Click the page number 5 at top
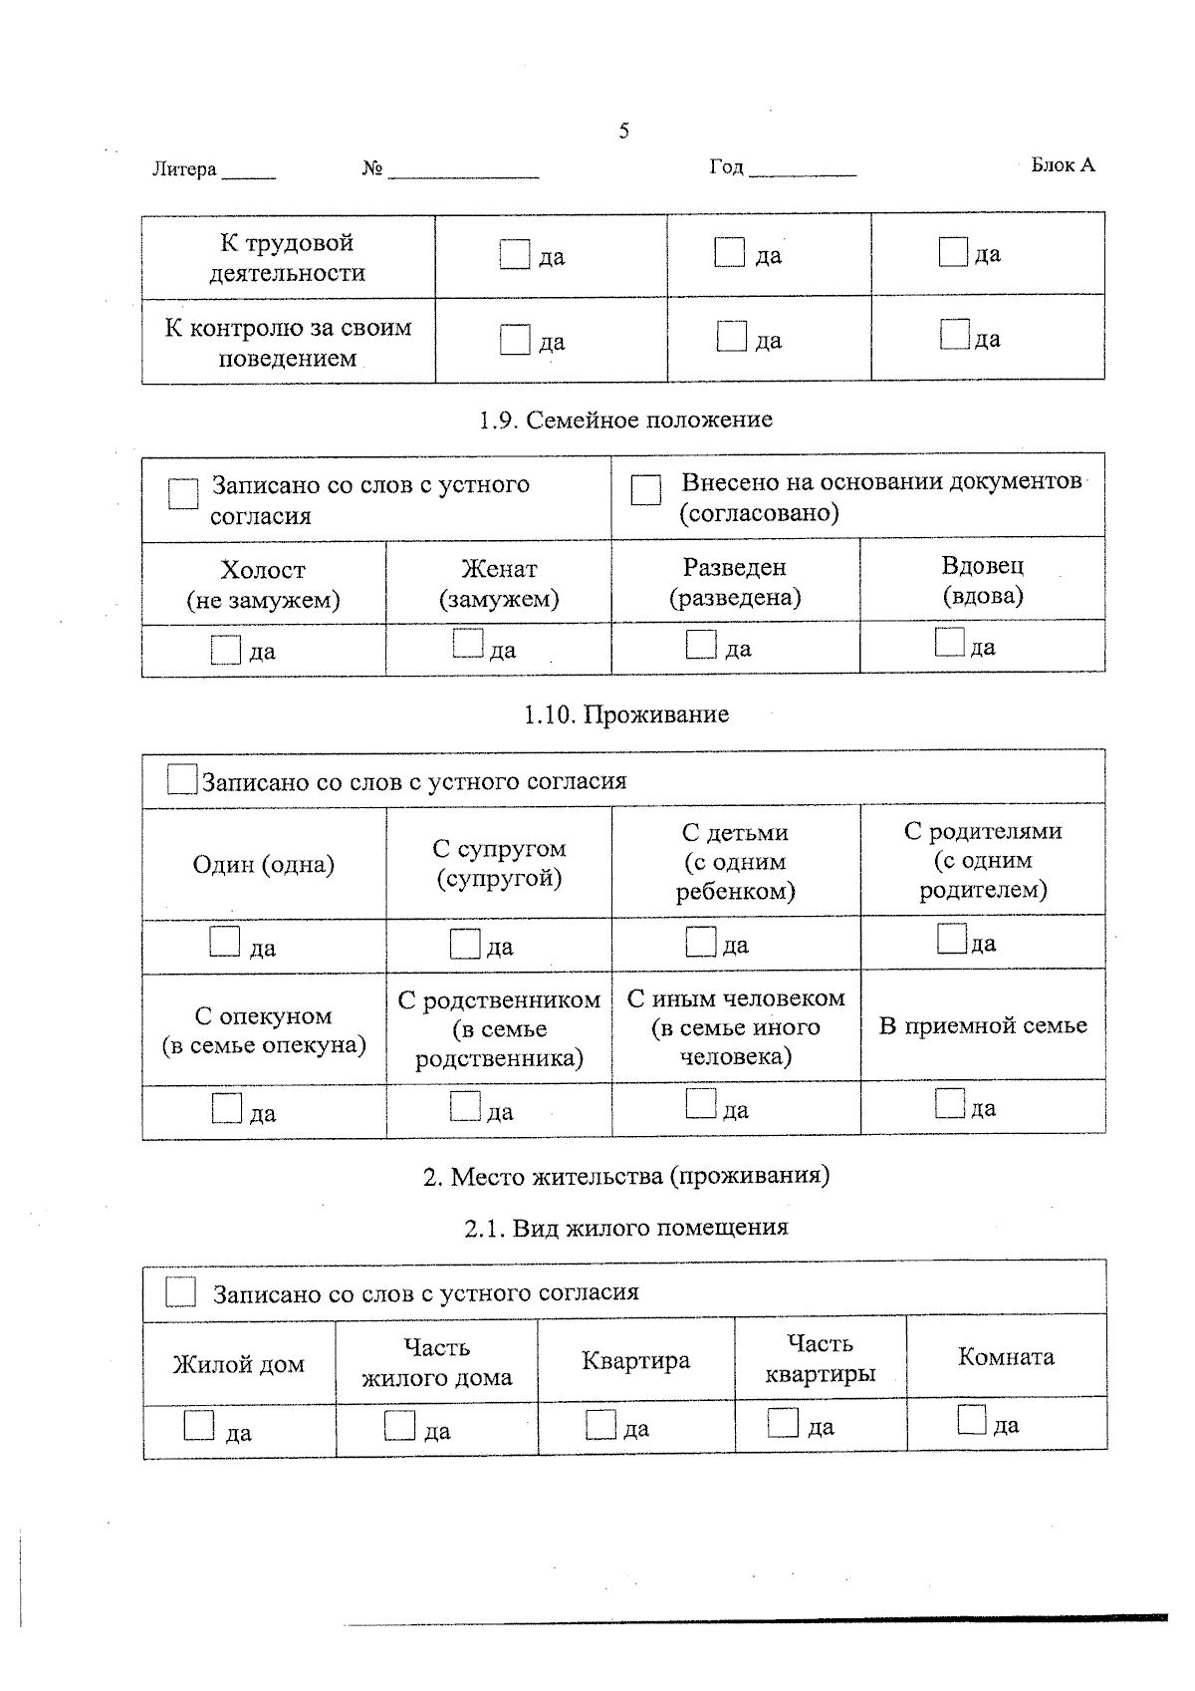(623, 131)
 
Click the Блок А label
(1063, 165)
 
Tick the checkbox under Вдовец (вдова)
(950, 641)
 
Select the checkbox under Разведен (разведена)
(701, 644)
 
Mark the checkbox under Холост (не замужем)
(226, 650)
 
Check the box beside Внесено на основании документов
(646, 489)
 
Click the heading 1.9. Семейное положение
(625, 420)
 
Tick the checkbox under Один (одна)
(225, 942)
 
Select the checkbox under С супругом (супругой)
(465, 943)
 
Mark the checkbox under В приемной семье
(950, 1103)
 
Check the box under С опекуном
(227, 1108)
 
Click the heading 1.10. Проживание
(625, 714)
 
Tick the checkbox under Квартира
(600, 1424)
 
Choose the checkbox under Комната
(972, 1419)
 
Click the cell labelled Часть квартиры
(820, 1358)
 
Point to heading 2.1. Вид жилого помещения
(625, 1228)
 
